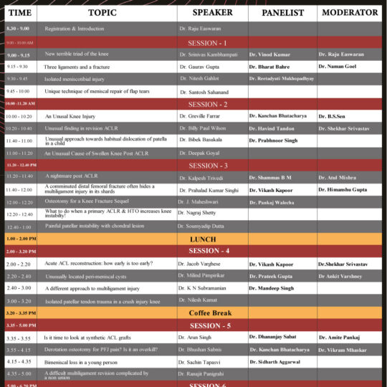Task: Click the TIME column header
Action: click(19, 13)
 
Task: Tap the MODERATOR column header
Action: click(350, 13)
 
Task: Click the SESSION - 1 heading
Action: click(208, 43)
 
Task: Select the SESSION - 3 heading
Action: click(208, 166)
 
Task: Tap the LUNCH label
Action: click(203, 239)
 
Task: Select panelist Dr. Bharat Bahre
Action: click(272, 66)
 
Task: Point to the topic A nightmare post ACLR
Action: click(71, 176)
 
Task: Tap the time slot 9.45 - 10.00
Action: click(19, 92)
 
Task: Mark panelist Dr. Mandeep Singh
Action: click(273, 288)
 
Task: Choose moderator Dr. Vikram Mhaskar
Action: click(348, 350)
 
